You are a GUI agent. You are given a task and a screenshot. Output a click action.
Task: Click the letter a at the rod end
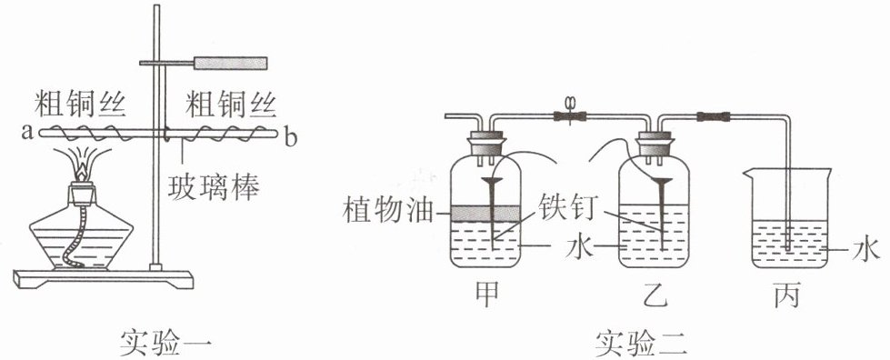(x=26, y=134)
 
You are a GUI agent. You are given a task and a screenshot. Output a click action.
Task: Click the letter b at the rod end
(x=291, y=137)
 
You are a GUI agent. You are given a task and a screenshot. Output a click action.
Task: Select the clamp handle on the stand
(x=230, y=63)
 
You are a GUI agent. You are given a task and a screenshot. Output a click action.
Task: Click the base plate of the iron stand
(x=103, y=278)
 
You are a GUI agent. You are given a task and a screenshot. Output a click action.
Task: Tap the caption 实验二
(x=642, y=343)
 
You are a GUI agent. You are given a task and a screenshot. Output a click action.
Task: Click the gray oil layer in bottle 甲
(x=485, y=213)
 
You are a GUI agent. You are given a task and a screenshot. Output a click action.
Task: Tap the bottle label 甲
(x=487, y=296)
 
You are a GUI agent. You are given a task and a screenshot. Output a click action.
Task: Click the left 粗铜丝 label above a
(x=80, y=105)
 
